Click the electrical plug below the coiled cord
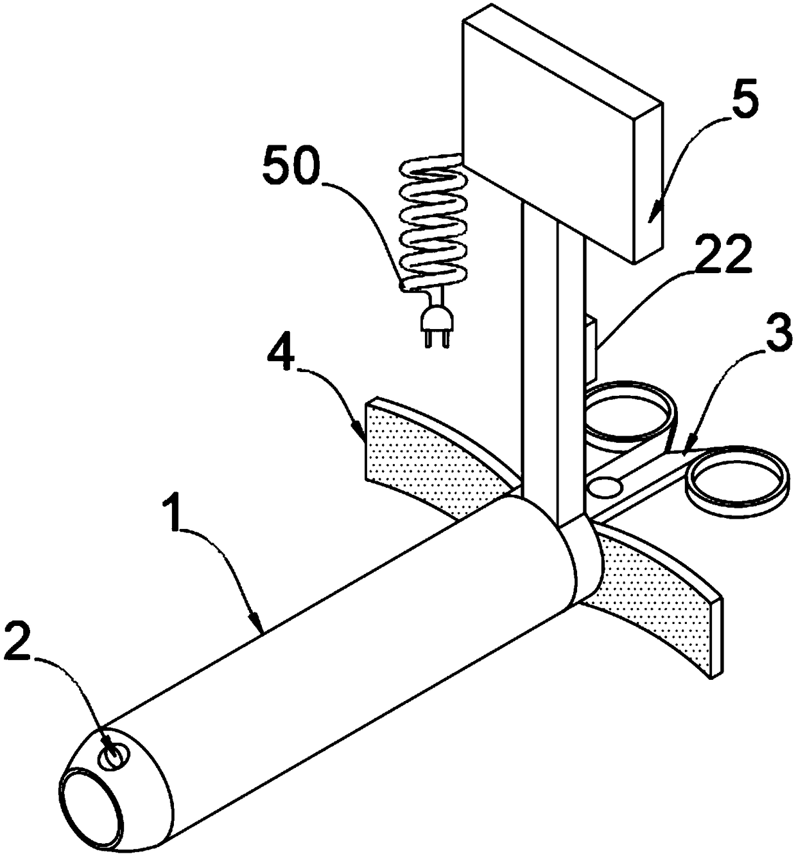click(x=428, y=323)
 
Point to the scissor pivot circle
click(x=605, y=486)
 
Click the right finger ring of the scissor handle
click(x=736, y=481)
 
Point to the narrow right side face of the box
click(x=647, y=183)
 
